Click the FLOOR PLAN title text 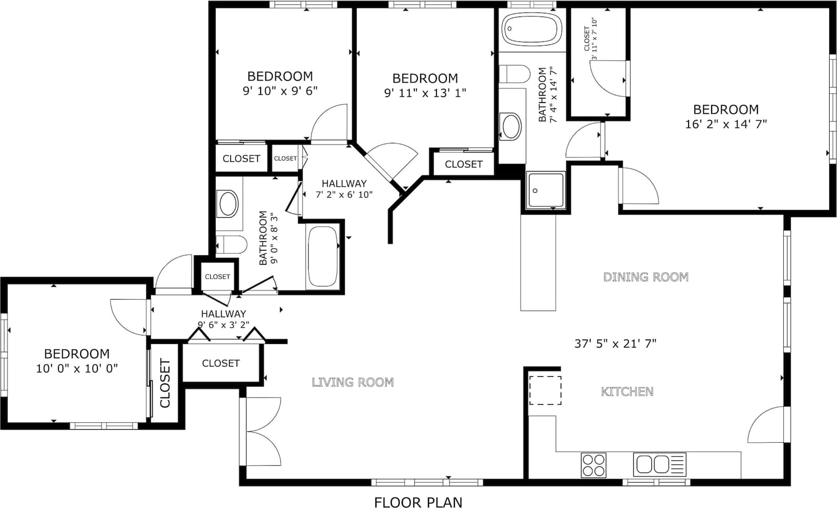click(418, 502)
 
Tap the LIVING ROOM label click(353, 382)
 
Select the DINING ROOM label click(646, 277)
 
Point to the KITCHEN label click(627, 392)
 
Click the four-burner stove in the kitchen click(593, 465)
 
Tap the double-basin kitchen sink click(660, 464)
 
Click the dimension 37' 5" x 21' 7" click(615, 343)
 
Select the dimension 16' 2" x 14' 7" click(725, 124)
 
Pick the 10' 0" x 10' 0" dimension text click(77, 369)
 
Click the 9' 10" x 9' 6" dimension click(280, 90)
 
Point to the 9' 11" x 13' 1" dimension click(425, 93)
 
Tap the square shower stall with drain click(545, 191)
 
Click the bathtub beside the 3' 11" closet click(532, 29)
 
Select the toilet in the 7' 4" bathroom click(514, 74)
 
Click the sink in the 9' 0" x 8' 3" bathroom click(228, 204)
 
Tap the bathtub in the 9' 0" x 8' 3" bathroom click(322, 257)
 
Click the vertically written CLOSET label click(165, 383)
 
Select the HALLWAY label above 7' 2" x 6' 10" click(344, 183)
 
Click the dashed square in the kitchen click(545, 390)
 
